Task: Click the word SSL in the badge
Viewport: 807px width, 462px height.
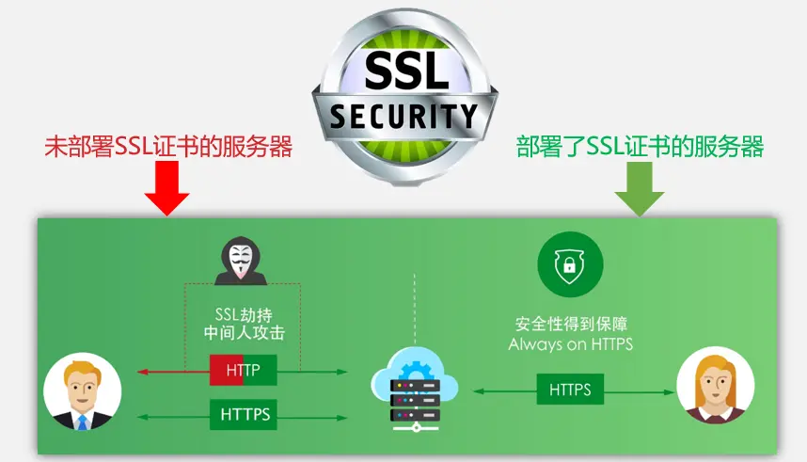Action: pyautogui.click(x=407, y=70)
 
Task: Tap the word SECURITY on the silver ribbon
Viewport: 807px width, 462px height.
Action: pyautogui.click(x=403, y=116)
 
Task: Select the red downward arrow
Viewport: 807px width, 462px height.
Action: pyautogui.click(x=166, y=188)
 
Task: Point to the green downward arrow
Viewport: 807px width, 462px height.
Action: pyautogui.click(x=640, y=189)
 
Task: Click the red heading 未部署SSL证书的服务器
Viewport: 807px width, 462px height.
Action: pyautogui.click(x=168, y=146)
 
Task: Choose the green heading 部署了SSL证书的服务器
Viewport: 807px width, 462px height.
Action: pyautogui.click(x=640, y=146)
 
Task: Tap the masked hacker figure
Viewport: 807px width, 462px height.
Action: pyautogui.click(x=241, y=261)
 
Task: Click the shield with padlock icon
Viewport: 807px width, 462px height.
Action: pyautogui.click(x=570, y=264)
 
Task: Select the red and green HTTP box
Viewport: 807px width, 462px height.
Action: pyautogui.click(x=243, y=370)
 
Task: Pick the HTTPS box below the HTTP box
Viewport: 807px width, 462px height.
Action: pyautogui.click(x=243, y=414)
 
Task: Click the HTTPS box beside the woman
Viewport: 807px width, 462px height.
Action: pyautogui.click(x=570, y=390)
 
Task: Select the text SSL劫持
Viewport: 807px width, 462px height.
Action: pyautogui.click(x=244, y=314)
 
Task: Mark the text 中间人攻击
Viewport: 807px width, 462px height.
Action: pyautogui.click(x=244, y=333)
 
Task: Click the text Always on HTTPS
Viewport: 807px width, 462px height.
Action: pyautogui.click(x=570, y=344)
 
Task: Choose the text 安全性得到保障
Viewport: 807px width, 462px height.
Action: pyautogui.click(x=571, y=324)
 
